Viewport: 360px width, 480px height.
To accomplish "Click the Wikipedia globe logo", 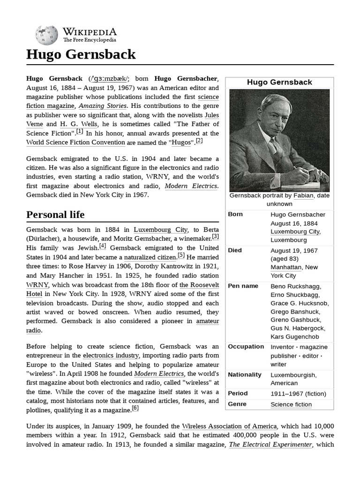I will click(x=46, y=35).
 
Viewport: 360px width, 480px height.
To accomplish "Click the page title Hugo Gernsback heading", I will click(x=81, y=54).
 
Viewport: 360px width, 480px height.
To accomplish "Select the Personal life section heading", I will click(x=55, y=215).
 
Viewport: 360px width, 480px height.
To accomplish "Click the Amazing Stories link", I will click(x=103, y=106).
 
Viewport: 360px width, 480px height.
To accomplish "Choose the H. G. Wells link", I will click(x=79, y=124).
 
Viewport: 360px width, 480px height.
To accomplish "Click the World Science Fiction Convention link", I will click(x=75, y=142).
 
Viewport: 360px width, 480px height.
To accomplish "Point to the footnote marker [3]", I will click(x=215, y=237).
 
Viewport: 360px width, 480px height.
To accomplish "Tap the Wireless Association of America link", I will click(x=229, y=426).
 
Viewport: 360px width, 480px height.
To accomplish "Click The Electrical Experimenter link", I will click(x=270, y=445).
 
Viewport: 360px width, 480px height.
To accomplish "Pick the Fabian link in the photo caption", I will click(x=303, y=195).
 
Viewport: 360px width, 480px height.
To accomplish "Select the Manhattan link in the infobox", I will click(x=286, y=267).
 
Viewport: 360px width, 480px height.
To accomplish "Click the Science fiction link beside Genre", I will click(x=291, y=405).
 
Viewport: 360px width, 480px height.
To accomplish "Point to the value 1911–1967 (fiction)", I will click(x=298, y=394).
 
